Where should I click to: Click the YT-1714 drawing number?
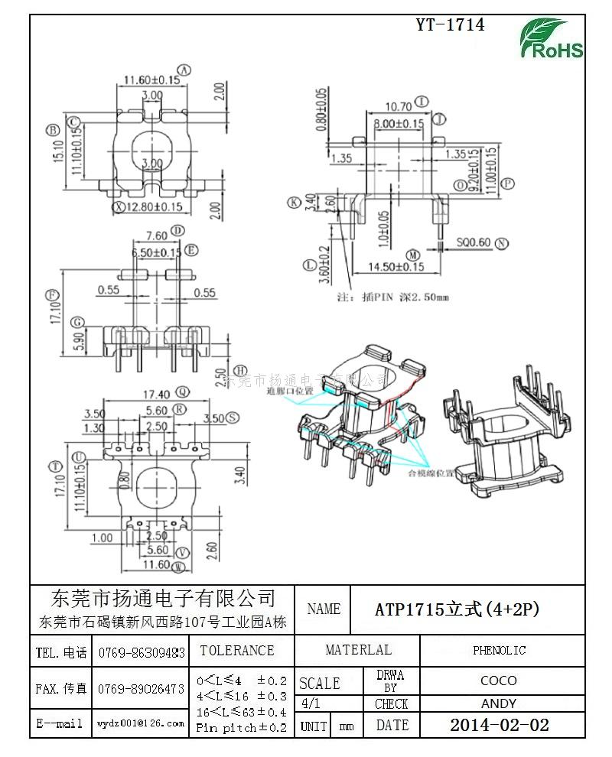[450, 24]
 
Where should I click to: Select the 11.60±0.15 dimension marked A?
[151, 79]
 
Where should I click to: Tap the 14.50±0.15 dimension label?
[396, 267]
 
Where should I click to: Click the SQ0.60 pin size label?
[474, 243]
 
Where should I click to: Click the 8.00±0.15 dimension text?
[399, 123]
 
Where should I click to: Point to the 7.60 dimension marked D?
[156, 235]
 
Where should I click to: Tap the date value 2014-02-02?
[499, 725]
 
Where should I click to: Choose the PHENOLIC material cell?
[499, 651]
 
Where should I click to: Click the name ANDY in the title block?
[499, 703]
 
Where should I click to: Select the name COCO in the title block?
[499, 680]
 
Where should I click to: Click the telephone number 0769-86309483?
[142, 653]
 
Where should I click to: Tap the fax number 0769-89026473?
[142, 689]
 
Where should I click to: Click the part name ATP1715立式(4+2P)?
[457, 609]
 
